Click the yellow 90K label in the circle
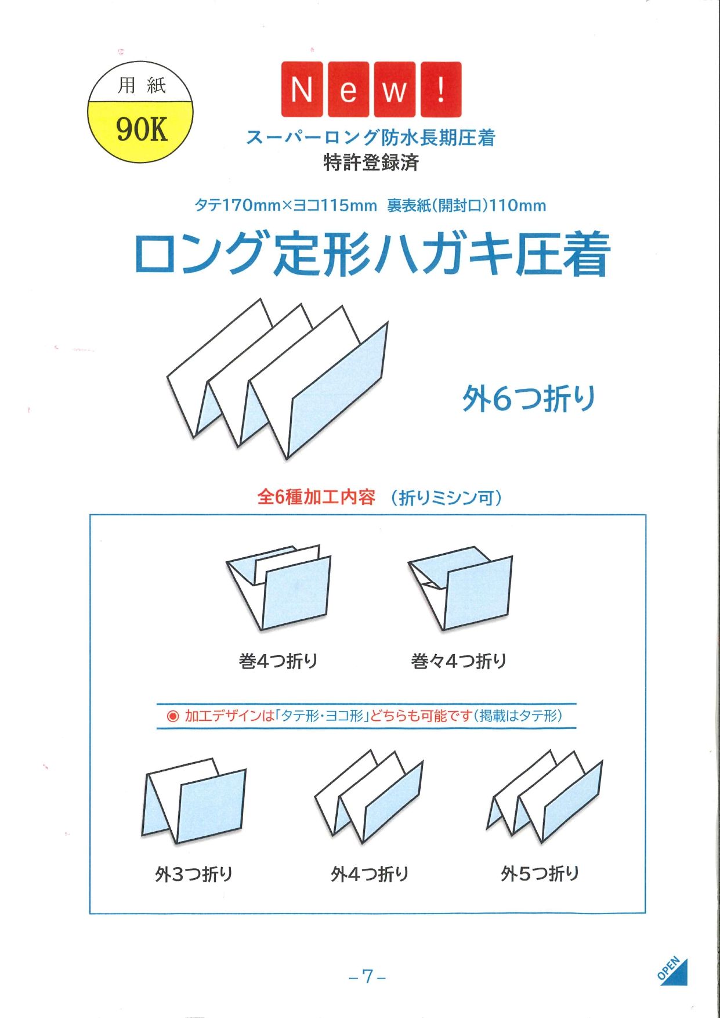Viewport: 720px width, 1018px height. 142,128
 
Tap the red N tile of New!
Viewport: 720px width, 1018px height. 302,89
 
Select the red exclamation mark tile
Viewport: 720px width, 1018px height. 441,89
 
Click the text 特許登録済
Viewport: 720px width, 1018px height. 371,163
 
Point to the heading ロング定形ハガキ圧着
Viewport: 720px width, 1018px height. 372,254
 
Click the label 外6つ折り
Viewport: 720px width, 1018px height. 529,399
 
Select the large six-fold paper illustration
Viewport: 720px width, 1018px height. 277,379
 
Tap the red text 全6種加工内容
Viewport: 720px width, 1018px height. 316,497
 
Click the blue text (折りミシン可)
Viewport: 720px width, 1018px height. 446,497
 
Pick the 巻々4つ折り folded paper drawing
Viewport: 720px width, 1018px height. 460,588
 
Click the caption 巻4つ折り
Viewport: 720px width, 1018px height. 278,660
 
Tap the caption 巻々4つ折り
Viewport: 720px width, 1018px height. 458,660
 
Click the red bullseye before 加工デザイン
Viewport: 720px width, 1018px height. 173,716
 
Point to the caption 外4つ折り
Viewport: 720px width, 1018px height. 370,873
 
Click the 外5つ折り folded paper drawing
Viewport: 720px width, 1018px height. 544,796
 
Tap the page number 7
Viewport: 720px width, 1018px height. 367,976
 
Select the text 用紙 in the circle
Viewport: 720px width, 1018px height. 142,86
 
